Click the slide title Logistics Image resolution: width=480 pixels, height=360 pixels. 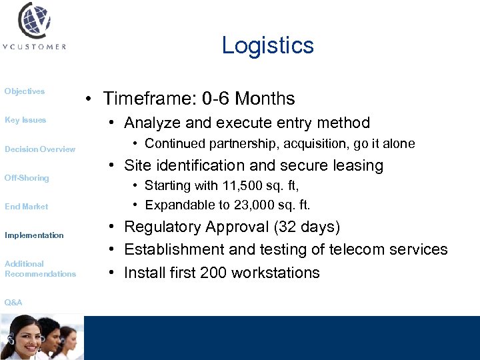point(267,45)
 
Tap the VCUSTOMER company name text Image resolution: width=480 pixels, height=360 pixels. point(34,47)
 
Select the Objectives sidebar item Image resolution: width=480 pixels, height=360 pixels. point(25,91)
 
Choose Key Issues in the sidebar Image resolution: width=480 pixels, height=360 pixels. point(25,120)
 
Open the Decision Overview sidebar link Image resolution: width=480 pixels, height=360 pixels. point(40,149)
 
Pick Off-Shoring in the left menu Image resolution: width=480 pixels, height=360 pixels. point(27,178)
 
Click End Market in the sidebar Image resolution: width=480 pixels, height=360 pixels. point(27,207)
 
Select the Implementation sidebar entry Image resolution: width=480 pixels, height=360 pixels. point(34,235)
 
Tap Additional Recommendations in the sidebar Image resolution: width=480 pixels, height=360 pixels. point(40,269)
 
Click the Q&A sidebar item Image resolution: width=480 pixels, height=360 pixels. point(13,303)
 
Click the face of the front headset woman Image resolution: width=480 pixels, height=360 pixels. point(20,328)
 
